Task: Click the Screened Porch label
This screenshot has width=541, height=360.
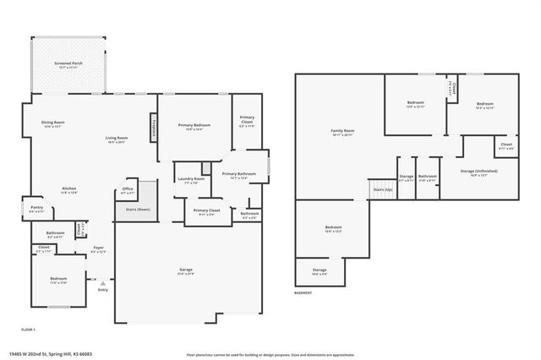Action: [x=68, y=63]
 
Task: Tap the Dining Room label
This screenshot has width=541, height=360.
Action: [x=53, y=124]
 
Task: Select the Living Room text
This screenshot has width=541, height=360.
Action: [x=116, y=139]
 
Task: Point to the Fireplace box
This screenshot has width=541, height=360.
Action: [x=154, y=124]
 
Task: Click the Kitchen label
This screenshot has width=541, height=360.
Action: [x=69, y=189]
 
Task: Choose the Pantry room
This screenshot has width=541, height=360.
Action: [x=36, y=208]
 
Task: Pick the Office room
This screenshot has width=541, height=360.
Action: [x=128, y=191]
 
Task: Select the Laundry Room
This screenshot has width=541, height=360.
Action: [x=190, y=180]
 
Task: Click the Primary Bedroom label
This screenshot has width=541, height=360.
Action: [x=194, y=126]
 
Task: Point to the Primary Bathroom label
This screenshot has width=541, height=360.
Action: [x=234, y=175]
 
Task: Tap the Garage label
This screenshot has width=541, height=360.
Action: [x=185, y=271]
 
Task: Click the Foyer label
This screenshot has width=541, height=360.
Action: [x=98, y=249]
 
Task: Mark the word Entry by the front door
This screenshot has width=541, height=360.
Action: [x=103, y=290]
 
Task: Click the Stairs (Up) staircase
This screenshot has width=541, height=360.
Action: [x=383, y=191]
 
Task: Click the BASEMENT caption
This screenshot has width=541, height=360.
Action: [x=303, y=293]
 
